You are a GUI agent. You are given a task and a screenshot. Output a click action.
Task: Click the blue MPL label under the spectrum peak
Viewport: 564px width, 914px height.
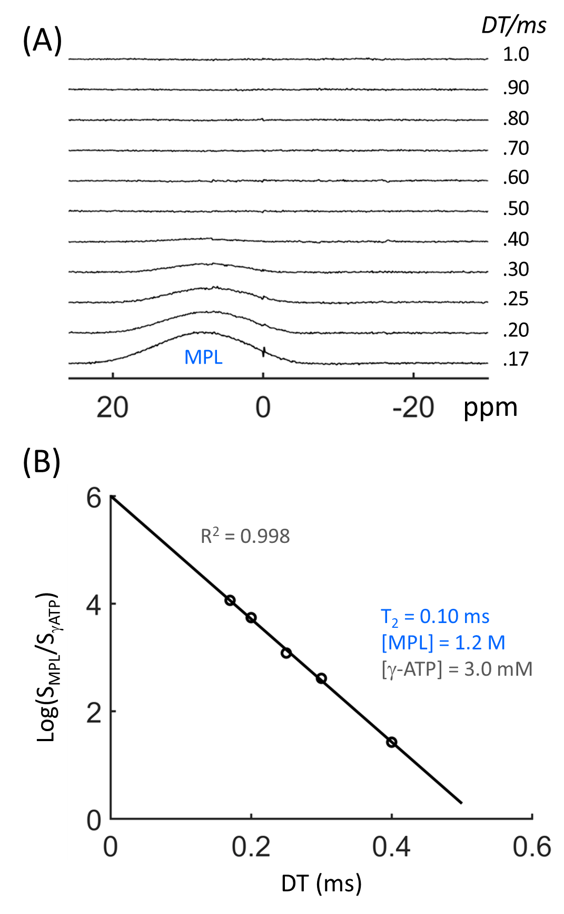pos(203,357)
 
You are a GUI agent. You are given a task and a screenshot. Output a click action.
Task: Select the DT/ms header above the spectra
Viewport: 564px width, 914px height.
pos(513,25)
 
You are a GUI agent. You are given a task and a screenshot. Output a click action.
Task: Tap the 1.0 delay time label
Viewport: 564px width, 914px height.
pos(516,54)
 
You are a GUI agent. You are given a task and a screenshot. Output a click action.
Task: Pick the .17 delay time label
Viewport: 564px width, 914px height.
pos(516,359)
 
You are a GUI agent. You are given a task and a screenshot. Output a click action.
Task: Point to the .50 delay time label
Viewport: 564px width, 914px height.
pos(516,208)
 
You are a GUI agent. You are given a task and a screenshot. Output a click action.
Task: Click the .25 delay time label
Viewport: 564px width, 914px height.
pos(516,299)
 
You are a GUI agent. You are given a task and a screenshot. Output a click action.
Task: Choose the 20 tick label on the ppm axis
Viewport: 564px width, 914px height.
pos(112,407)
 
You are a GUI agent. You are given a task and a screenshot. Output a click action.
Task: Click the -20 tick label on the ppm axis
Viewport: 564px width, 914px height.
pos(413,407)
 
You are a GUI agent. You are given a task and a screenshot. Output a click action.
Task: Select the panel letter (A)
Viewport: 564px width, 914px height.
pos(42,41)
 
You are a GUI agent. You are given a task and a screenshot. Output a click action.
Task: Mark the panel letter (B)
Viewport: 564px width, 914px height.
pos(42,462)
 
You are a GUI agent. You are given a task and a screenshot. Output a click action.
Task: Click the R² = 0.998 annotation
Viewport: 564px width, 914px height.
pos(245,536)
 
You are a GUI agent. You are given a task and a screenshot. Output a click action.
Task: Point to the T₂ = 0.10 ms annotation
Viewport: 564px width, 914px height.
pos(435,617)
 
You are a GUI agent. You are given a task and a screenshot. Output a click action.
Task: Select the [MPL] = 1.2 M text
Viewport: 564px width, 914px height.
pos(443,643)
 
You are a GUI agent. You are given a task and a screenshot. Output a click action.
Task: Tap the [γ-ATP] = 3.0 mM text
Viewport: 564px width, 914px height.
pos(457,669)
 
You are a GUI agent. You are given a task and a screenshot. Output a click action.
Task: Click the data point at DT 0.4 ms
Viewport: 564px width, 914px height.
pos(391,742)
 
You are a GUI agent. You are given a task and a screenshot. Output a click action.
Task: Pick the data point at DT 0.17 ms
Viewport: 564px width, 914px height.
pos(230,600)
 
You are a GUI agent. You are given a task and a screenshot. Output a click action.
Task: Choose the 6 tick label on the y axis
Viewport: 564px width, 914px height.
pos(94,498)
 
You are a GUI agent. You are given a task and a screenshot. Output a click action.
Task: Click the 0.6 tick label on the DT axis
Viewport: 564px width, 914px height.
pos(532,847)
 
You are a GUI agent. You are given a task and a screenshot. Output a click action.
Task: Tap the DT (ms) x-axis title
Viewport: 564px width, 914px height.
pos(321,883)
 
